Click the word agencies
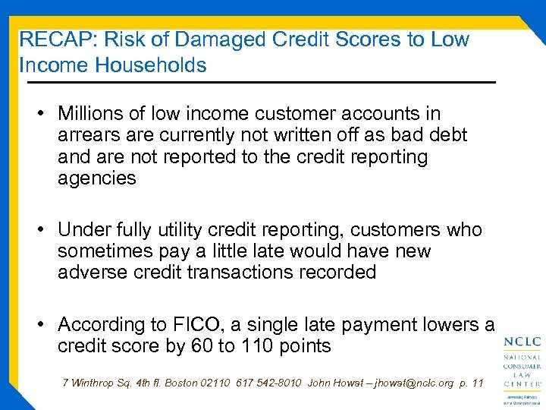click(97, 179)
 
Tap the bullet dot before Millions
click(44, 115)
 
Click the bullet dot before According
click(44, 325)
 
